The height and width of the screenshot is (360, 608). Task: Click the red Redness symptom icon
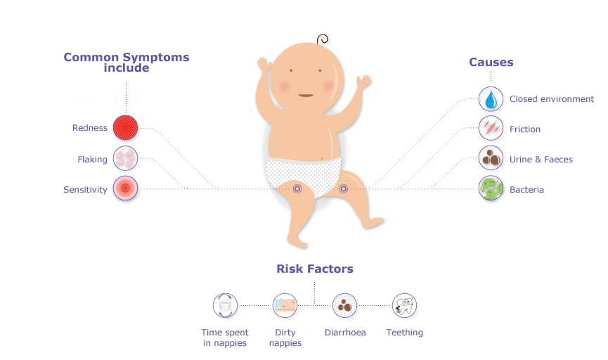(x=125, y=128)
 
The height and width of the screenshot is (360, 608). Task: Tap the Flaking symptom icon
(x=125, y=158)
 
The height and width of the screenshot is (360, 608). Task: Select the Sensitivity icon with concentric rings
(x=125, y=188)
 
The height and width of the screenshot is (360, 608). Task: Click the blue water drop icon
(x=491, y=99)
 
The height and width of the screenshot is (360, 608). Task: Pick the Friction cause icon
(x=491, y=128)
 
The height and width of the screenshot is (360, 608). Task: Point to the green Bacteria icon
(x=491, y=188)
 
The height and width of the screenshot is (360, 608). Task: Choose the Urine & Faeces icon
(x=491, y=158)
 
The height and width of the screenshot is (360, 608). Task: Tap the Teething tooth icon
(x=404, y=306)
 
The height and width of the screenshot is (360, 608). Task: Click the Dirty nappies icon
(x=285, y=306)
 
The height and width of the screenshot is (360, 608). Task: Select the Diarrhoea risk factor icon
(x=344, y=306)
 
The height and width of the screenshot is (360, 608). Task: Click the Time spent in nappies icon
(x=226, y=306)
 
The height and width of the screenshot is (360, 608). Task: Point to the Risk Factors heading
(x=315, y=269)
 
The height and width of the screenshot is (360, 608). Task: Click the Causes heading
(x=491, y=62)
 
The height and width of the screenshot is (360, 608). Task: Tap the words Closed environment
(x=551, y=99)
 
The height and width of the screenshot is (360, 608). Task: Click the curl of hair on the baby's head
(x=323, y=39)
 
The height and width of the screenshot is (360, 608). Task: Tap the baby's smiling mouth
(x=306, y=95)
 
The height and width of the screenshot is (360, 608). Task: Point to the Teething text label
(x=404, y=333)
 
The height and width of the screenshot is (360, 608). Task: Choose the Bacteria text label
(x=526, y=190)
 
